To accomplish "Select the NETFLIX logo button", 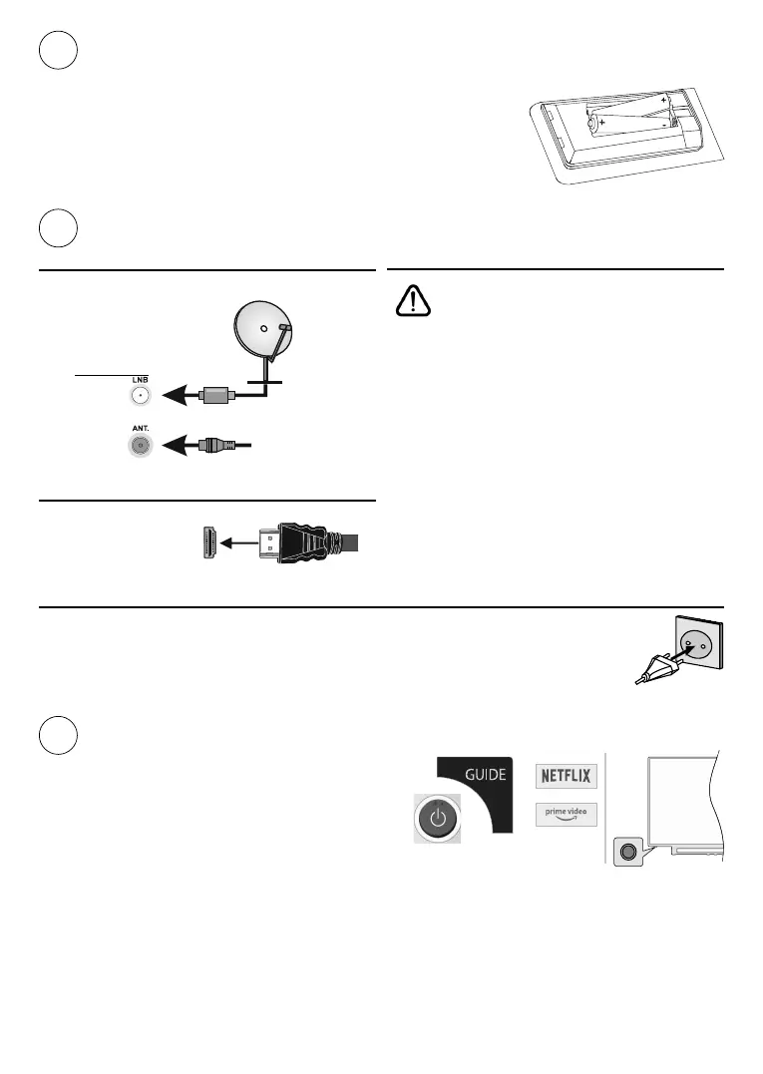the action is click(x=565, y=775).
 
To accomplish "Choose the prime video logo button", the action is click(x=565, y=814).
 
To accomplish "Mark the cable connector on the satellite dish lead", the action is click(x=215, y=395).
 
